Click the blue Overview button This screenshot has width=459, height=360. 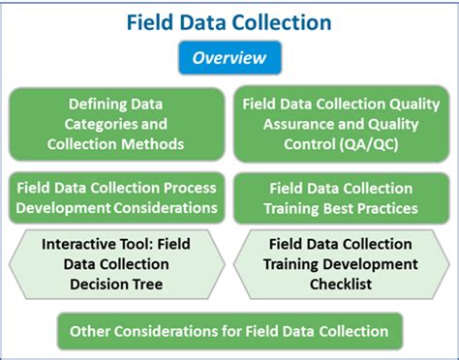click(x=229, y=58)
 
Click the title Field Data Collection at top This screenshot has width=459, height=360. click(x=229, y=20)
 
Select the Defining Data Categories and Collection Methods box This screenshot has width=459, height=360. click(x=115, y=124)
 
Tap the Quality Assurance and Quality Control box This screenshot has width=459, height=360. click(x=340, y=124)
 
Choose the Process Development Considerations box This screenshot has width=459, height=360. click(x=116, y=196)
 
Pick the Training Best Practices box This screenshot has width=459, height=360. click(x=340, y=196)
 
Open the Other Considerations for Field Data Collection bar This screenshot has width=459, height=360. click(x=229, y=331)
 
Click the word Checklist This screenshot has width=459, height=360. click(x=340, y=285)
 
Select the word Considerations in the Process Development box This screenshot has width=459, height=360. click(x=170, y=207)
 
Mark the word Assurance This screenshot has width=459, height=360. click(x=283, y=124)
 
